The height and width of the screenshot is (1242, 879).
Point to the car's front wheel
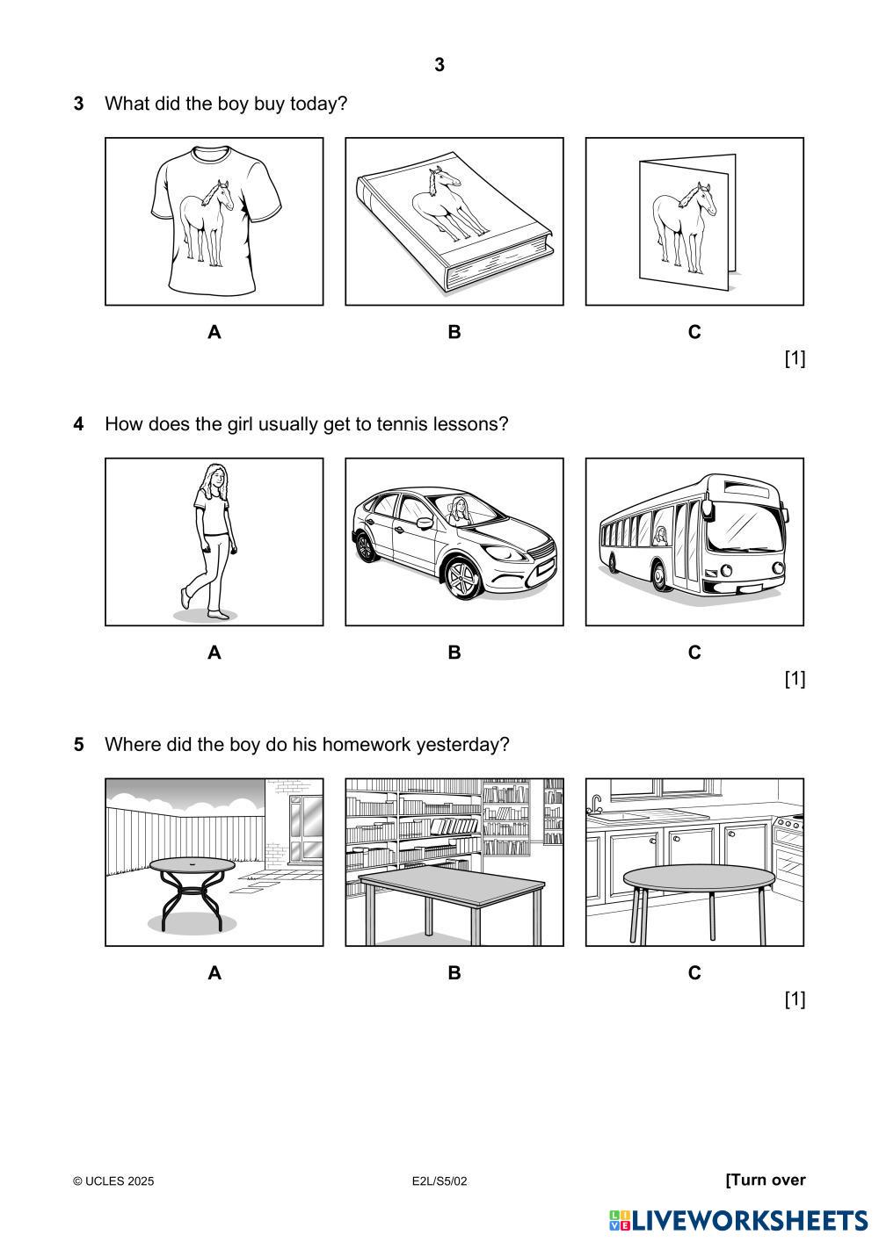[x=462, y=578]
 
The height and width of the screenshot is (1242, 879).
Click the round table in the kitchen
[x=699, y=878]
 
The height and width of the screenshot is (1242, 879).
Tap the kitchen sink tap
[x=596, y=803]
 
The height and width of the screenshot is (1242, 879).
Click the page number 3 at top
[x=439, y=65]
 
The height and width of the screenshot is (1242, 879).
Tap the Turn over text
[x=766, y=1180]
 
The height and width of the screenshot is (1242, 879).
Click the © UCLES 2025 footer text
[x=113, y=1181]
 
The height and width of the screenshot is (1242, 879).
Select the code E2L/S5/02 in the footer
[x=439, y=1181]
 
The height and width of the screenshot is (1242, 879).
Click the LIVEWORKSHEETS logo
[x=738, y=1220]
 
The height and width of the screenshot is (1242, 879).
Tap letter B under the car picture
[x=454, y=653]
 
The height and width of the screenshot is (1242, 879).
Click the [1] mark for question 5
[x=795, y=999]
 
